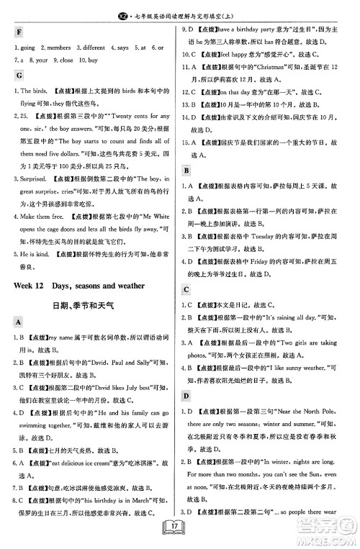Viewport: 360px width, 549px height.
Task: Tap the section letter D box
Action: (x=186, y=396)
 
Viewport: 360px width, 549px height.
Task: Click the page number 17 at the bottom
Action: (x=179, y=533)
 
